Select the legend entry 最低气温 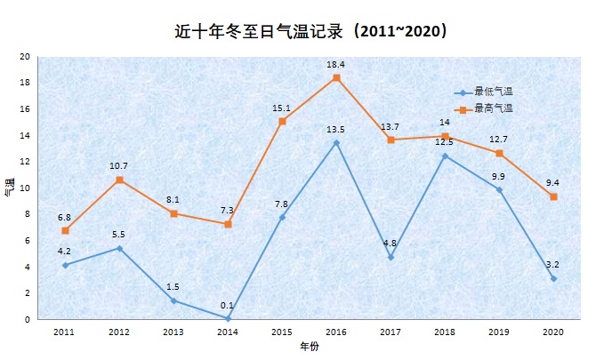494,92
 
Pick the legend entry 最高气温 494,108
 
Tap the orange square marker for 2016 336,77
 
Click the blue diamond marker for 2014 228,318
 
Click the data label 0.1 228,306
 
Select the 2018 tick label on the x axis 445,332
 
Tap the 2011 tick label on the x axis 64,332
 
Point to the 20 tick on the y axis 25,57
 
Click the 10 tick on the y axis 25,188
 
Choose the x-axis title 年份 308,348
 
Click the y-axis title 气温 9,188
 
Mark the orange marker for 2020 553,196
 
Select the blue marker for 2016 336,142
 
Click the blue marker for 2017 391,257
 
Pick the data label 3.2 553,265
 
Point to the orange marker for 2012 119,180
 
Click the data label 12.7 499,140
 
